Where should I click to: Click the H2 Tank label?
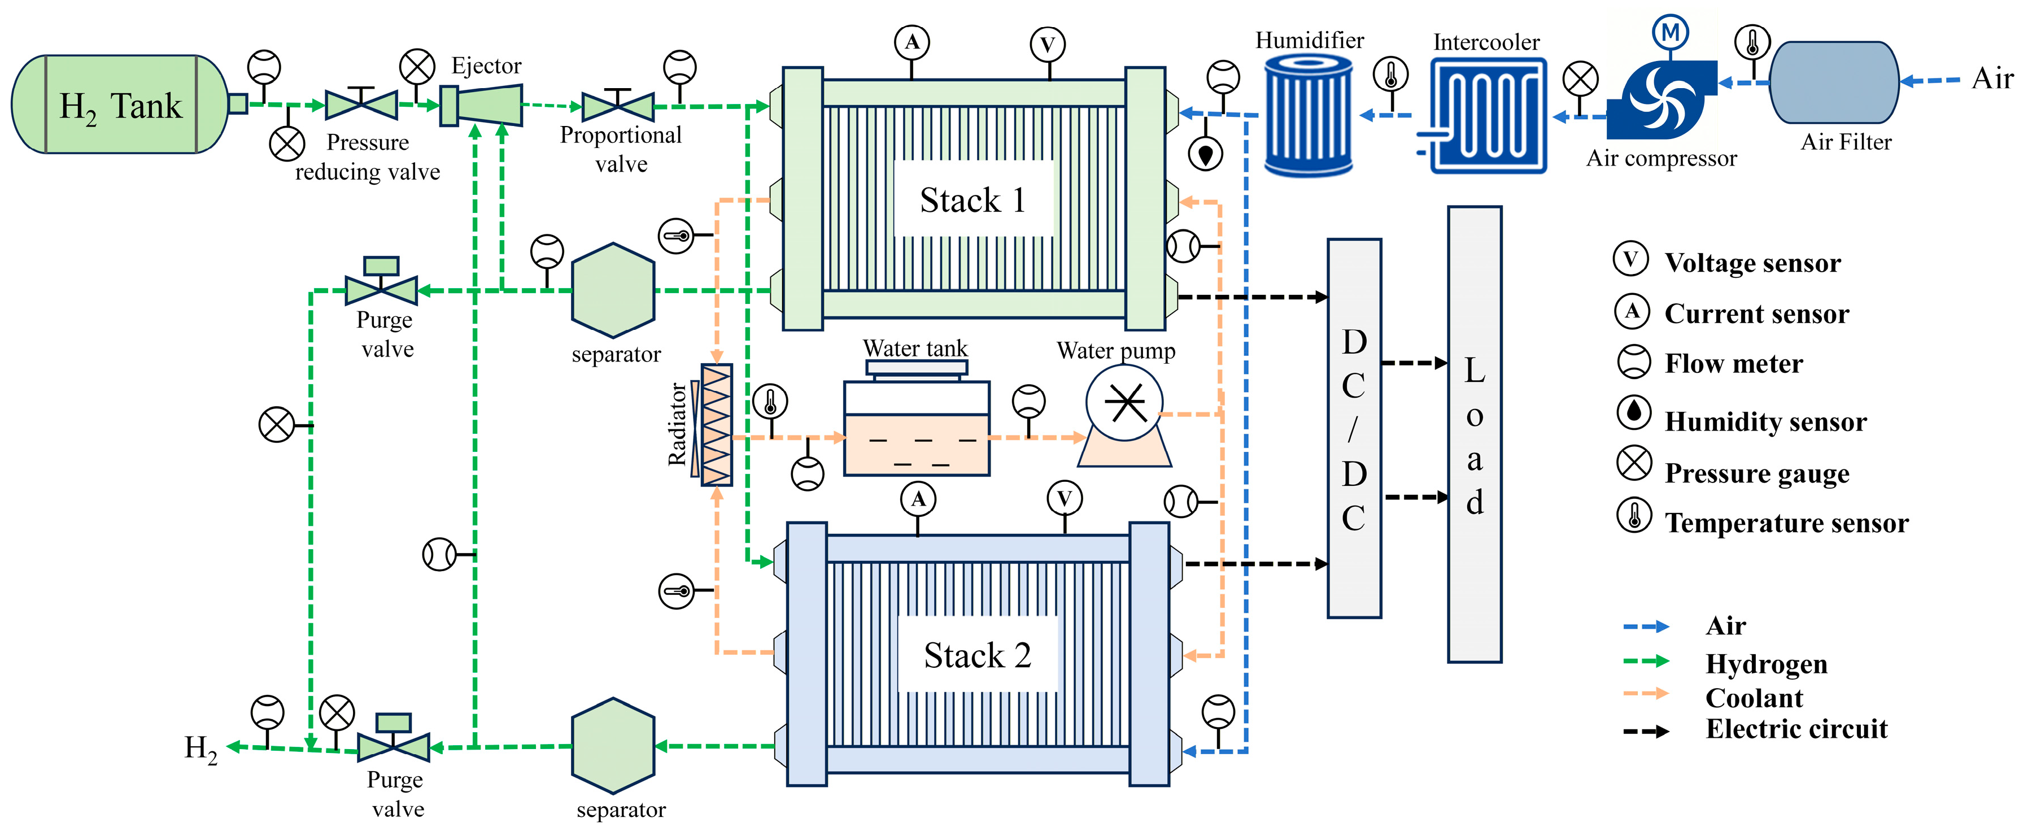120,106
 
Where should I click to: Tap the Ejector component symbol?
481,106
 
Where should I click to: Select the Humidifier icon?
1309,116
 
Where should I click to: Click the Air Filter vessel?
1834,82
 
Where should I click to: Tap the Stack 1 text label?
973,200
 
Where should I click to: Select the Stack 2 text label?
977,655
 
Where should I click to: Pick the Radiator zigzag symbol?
717,425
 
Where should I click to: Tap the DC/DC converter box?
1354,428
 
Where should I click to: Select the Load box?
1475,434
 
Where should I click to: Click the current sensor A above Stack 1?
911,42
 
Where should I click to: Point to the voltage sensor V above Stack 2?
1065,499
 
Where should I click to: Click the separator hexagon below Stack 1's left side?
613,291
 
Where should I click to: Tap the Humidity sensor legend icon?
1634,412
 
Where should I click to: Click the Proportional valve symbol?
618,106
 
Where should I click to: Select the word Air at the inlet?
1992,79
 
